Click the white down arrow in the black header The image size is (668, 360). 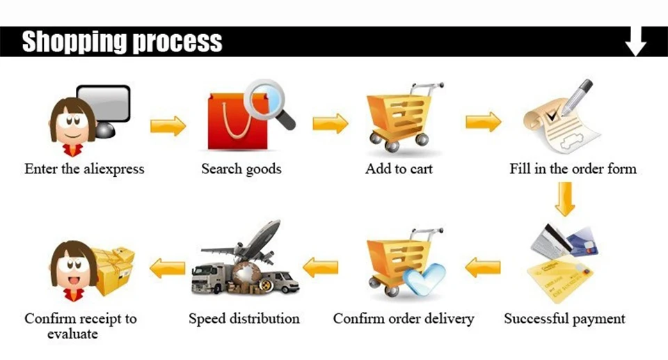click(x=635, y=42)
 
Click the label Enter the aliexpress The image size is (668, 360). click(x=84, y=169)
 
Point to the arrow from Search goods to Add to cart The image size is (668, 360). click(x=330, y=124)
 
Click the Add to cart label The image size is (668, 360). click(x=399, y=169)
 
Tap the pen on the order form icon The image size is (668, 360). click(x=577, y=97)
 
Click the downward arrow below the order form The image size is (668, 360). click(x=564, y=198)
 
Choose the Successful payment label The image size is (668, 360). click(x=564, y=319)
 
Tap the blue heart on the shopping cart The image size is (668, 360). click(x=424, y=277)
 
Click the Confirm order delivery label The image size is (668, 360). click(x=404, y=319)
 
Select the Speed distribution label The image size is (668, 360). click(x=244, y=319)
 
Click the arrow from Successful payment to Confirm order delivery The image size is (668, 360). click(x=483, y=266)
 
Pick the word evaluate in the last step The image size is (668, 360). click(x=72, y=334)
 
